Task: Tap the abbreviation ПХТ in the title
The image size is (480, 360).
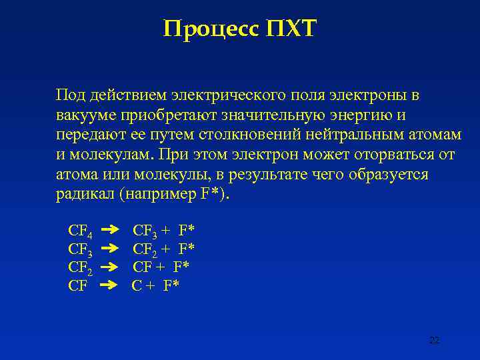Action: [x=292, y=29]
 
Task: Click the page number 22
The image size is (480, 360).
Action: [x=434, y=341]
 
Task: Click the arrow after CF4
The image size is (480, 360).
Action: [x=109, y=231]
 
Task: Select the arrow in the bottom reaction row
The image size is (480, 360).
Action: [x=109, y=286]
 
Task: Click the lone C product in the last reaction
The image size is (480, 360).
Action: [x=137, y=286]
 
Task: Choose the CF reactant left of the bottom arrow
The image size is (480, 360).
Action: [x=77, y=286]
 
